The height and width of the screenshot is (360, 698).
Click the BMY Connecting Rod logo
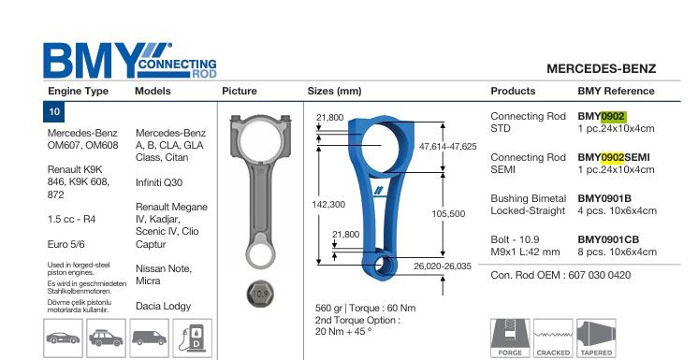point(129,61)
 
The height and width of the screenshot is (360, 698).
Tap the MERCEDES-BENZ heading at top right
point(601,69)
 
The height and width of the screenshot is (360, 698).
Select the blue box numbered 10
point(54,111)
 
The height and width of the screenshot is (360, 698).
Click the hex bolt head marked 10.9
point(260,294)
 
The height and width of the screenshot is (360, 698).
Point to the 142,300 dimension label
point(328,204)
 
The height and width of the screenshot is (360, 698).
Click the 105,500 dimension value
point(448,213)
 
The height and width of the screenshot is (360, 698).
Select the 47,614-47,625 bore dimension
point(448,147)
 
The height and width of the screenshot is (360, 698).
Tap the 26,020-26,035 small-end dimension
point(443,266)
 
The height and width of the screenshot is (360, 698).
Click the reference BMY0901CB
point(608,239)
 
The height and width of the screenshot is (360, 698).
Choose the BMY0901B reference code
point(604,198)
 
